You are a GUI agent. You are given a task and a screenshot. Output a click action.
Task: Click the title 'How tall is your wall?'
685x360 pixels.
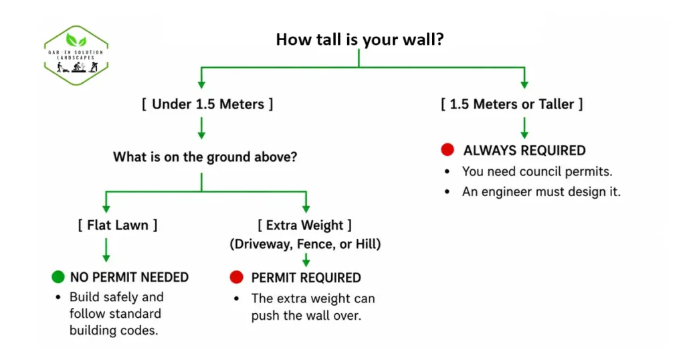pos(359,39)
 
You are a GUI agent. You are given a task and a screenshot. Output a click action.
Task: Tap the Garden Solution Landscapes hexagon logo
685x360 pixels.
pos(76,56)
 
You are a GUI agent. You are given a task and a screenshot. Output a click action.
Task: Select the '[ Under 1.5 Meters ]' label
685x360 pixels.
pos(207,104)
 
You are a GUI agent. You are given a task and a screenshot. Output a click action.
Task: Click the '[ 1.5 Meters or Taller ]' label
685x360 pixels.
pos(512,104)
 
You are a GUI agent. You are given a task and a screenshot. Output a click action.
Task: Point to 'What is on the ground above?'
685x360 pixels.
pos(205,157)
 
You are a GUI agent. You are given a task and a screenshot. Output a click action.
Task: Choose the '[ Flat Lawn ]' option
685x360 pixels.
pos(118,226)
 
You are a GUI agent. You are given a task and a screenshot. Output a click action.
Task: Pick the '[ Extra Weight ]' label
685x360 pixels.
pos(304,226)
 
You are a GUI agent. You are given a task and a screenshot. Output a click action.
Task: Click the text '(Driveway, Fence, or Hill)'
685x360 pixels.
pos(305,244)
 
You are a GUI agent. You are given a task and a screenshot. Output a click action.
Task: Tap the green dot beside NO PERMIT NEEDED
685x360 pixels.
pos(58,277)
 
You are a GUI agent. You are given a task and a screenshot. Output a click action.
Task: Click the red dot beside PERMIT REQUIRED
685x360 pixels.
pos(236,277)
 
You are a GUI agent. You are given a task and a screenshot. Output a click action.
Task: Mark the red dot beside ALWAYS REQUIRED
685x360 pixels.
pos(448,149)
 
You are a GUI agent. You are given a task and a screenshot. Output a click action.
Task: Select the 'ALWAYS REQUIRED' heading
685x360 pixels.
pos(524,151)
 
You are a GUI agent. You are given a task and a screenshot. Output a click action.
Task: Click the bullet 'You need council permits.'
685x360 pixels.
pos(537,172)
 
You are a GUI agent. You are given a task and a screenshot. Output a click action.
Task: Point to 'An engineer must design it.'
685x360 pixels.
pos(541,192)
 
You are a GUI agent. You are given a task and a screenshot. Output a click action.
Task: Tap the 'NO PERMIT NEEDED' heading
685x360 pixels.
pos(129,278)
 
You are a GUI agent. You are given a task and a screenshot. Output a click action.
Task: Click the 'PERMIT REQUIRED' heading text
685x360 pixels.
pos(306,278)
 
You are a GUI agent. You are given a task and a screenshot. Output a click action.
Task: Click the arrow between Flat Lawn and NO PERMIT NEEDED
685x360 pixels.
pos(106,250)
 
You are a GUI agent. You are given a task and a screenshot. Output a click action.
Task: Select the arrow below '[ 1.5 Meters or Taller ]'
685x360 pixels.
pos(524,128)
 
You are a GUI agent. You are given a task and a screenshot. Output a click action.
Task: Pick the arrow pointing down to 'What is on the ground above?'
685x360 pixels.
pos(201,128)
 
